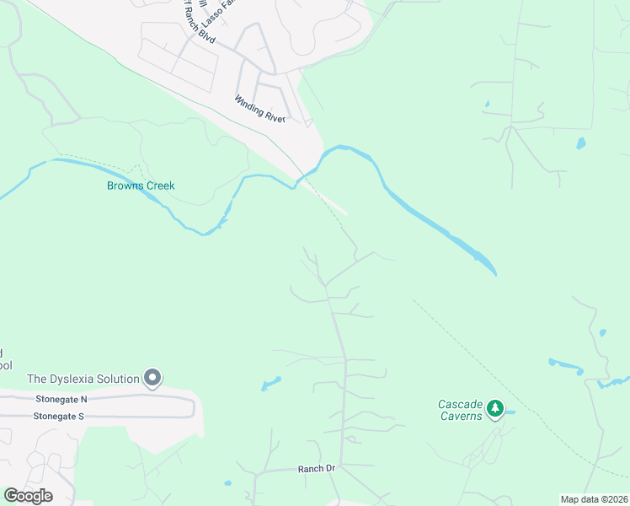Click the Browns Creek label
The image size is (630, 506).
point(140,186)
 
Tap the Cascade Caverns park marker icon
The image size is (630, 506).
point(495,409)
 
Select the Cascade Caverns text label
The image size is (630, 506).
point(460,410)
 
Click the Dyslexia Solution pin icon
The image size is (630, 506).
point(152,379)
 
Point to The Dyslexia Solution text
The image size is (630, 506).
point(83,379)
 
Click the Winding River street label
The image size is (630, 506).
point(260,110)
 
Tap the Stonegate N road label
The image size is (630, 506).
point(61,399)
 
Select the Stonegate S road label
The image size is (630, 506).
point(59,416)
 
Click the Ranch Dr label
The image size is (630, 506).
point(317,468)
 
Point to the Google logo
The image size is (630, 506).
point(28,495)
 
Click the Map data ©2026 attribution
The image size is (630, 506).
point(594,499)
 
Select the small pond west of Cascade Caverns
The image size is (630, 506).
point(270,385)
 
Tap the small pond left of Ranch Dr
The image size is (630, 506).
point(227,485)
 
